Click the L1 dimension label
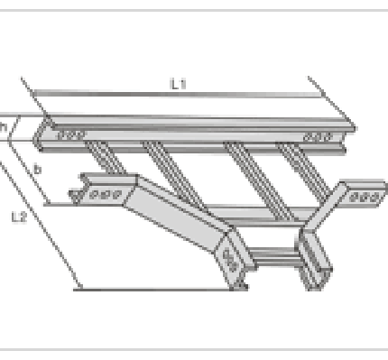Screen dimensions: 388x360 coord(179,84)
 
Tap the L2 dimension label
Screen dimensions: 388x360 coord(19,217)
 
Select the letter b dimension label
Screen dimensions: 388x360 coord(37,170)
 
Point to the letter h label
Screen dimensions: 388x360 coord(3,127)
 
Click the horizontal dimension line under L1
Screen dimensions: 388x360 coord(178,94)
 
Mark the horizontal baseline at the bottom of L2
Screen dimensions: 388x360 coord(161,290)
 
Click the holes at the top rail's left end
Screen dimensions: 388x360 coord(71,135)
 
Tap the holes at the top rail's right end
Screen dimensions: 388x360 coord(319,137)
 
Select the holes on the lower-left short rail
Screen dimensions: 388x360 coord(106,195)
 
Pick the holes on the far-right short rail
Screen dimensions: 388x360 coord(365,198)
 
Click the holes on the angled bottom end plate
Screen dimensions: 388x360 coord(230,260)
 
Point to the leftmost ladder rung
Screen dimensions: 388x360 coord(105,157)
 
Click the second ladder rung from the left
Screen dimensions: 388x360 coord(174,175)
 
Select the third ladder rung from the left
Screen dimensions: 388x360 coord(259,181)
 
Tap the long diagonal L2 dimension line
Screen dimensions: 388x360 coord(41,226)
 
